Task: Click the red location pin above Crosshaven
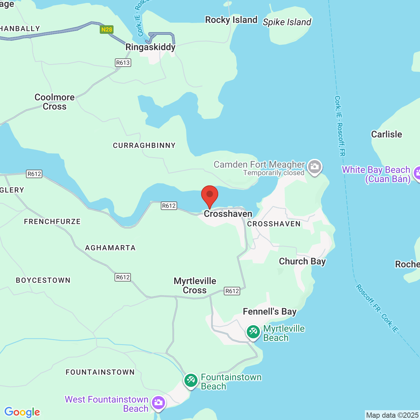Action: tap(209, 195)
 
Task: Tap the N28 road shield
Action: tap(107, 30)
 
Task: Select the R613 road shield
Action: tap(123, 63)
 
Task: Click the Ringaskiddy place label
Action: tap(151, 47)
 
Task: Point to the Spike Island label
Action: tap(287, 22)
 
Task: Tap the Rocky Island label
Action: tap(231, 20)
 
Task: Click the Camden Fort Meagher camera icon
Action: tap(315, 166)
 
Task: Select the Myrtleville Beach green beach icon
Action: tap(253, 332)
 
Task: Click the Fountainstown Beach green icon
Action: tap(191, 381)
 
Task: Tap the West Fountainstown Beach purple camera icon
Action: tap(158, 402)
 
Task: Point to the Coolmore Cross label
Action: tap(55, 102)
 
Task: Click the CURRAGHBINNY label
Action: tap(144, 145)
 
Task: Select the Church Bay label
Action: tap(303, 262)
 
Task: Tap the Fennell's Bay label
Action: tap(270, 311)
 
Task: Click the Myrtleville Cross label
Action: tap(195, 285)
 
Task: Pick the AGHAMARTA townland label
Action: tap(110, 248)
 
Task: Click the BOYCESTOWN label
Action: tap(43, 280)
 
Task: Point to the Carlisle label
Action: tap(387, 134)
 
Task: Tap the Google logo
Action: tap(22, 412)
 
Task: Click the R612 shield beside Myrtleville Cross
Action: tap(232, 291)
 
